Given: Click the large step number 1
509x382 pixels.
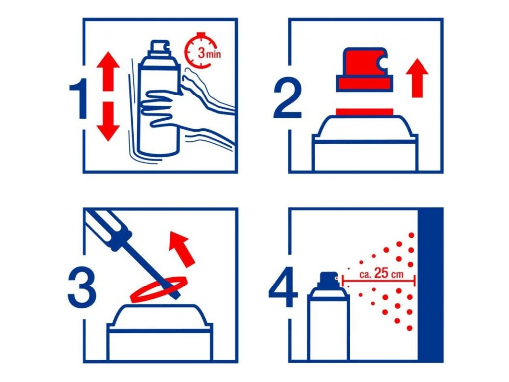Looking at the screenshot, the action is tap(79, 98).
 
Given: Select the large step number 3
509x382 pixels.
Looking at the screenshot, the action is tap(82, 287).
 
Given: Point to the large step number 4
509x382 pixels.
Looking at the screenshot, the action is tap(283, 287).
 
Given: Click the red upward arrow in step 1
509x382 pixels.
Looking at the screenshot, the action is tap(108, 71).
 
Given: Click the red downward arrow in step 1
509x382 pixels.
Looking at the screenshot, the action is tap(108, 121).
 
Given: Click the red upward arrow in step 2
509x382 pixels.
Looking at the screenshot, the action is tap(417, 78).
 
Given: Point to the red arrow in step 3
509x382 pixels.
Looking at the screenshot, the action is tap(182, 249).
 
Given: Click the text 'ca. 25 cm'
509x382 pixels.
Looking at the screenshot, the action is tap(381, 274).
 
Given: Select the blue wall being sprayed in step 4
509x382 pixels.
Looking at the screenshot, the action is tap(430, 285).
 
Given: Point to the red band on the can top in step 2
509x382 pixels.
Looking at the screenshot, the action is tap(364, 112).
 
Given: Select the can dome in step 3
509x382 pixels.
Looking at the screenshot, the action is tap(160, 317).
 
